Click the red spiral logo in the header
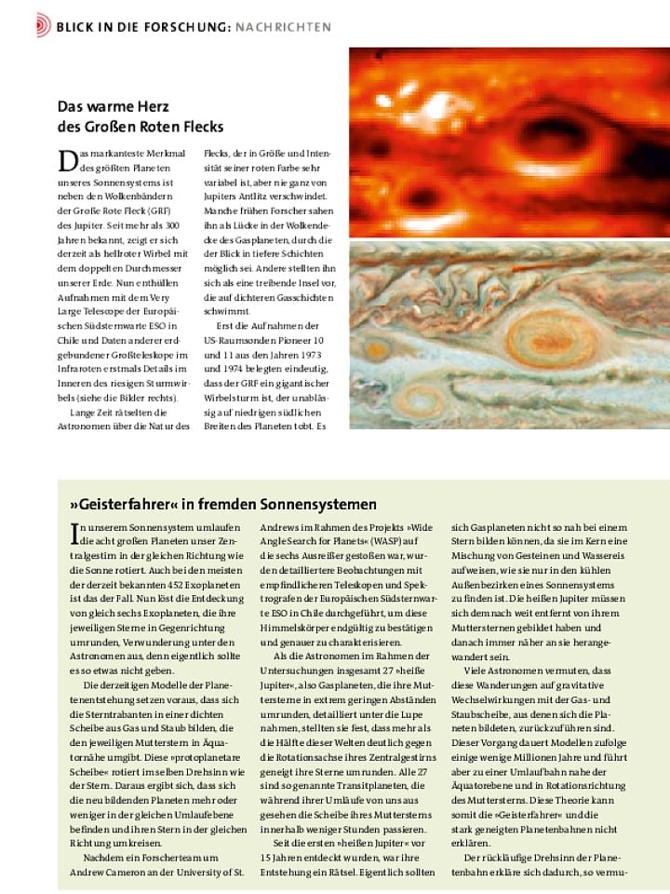tap(44, 25)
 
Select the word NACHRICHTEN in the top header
tap(283, 26)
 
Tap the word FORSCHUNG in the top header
tap(181, 26)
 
